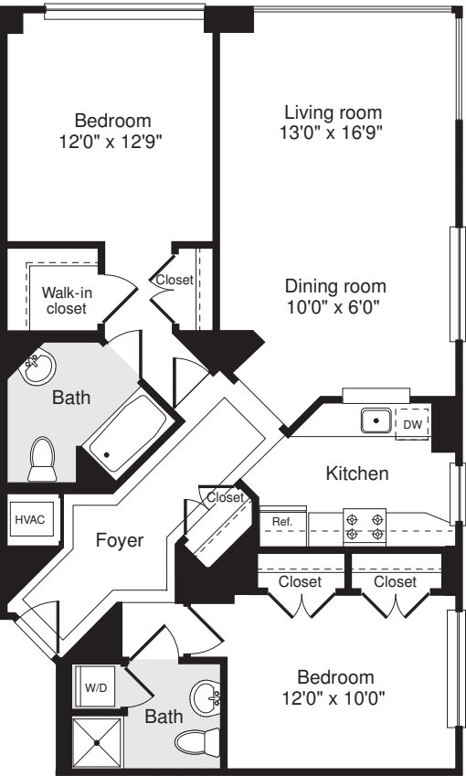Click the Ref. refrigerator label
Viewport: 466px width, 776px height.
tap(282, 522)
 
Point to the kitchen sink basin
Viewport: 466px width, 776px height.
tap(376, 422)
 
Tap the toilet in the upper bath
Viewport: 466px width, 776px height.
tap(42, 456)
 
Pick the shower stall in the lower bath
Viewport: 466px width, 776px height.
tap(97, 739)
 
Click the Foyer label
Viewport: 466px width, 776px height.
tap(120, 540)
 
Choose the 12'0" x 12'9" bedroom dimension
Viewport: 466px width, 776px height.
tap(112, 140)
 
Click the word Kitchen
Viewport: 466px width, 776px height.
tap(357, 473)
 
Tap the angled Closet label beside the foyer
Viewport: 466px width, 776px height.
tap(225, 498)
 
